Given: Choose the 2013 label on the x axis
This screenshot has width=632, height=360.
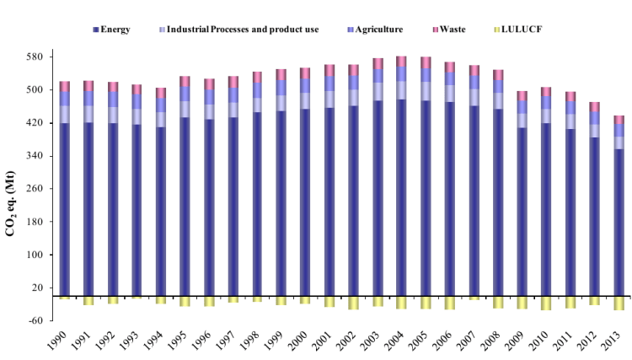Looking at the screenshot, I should [617, 341].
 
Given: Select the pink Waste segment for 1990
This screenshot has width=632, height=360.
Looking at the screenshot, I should [65, 86].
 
